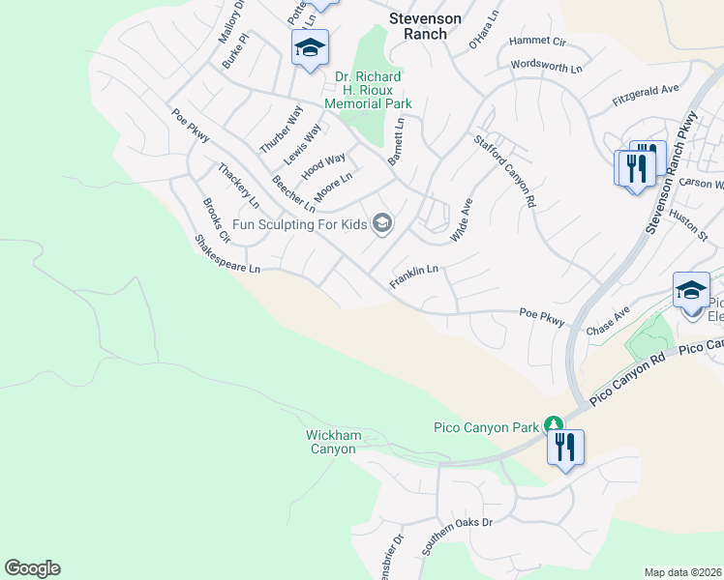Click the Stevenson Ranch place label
[x=418, y=25]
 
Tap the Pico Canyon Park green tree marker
[x=553, y=424]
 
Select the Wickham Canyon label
[x=332, y=442]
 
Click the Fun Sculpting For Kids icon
[x=382, y=224]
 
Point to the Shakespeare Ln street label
[x=227, y=253]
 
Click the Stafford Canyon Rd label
[x=504, y=171]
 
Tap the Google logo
[x=32, y=568]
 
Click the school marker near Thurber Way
[x=310, y=47]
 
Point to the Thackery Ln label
[x=238, y=186]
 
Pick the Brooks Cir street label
[x=217, y=220]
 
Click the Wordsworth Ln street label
[x=547, y=68]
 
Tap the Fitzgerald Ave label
[x=646, y=95]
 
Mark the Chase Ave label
[x=608, y=322]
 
